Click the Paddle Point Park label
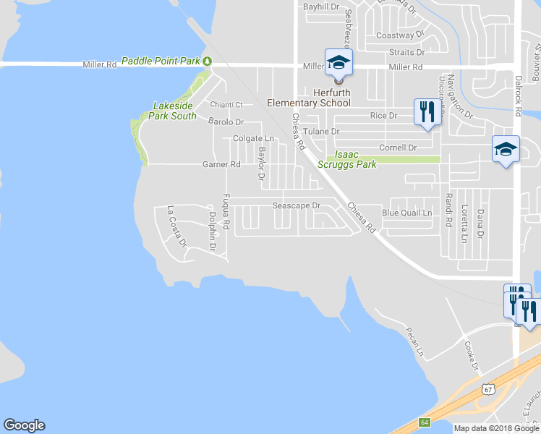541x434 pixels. (160, 61)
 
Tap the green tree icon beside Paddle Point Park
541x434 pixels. (208, 61)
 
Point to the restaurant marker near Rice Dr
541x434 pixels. (427, 111)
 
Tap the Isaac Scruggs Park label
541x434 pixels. (352, 159)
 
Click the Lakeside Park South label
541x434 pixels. (174, 111)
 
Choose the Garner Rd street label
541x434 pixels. (221, 165)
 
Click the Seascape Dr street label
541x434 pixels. (296, 205)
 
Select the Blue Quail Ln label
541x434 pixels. (406, 213)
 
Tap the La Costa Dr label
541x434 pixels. (176, 226)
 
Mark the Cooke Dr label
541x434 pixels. (471, 355)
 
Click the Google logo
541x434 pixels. (24, 425)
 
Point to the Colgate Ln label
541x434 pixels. (253, 138)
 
